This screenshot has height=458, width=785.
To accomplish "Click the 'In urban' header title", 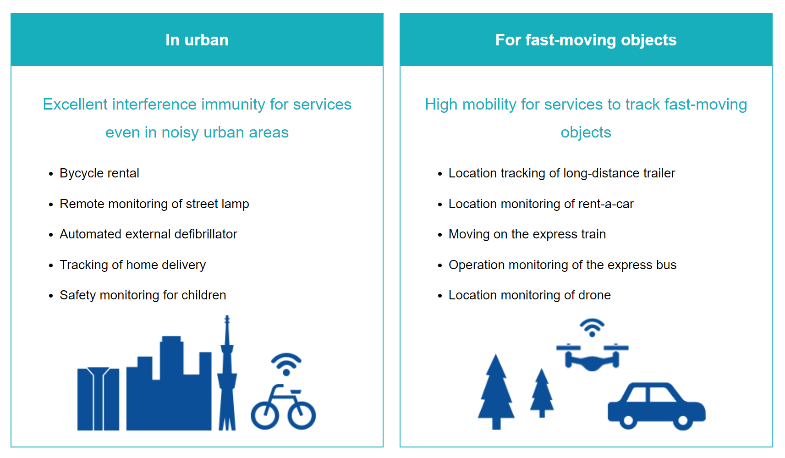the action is tap(197, 40).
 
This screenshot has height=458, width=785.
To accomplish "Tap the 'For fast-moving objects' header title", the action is tap(586, 40).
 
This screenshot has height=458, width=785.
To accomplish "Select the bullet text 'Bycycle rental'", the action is tap(99, 173).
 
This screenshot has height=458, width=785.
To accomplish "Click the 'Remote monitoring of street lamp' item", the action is tap(154, 204).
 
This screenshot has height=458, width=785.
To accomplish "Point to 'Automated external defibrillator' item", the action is tap(148, 234).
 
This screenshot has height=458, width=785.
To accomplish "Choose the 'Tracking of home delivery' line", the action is tap(132, 265).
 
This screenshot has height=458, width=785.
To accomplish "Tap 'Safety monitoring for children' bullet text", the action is tap(143, 295).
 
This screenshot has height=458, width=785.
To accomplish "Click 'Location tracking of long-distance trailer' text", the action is tap(562, 173).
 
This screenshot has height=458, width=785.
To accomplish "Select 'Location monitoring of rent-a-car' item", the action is tap(541, 204).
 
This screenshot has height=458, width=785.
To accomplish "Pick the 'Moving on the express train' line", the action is tap(527, 234).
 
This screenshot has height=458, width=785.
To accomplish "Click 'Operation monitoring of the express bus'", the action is tap(562, 265).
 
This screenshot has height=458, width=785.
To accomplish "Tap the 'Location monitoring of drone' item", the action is tap(530, 295).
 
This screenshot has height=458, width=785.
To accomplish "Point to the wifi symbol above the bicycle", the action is tap(286, 364).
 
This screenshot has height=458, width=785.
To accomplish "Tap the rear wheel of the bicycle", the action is tap(265, 415).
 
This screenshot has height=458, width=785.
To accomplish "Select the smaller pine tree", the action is tap(542, 393).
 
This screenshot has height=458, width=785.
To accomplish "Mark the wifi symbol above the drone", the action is tap(592, 328).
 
